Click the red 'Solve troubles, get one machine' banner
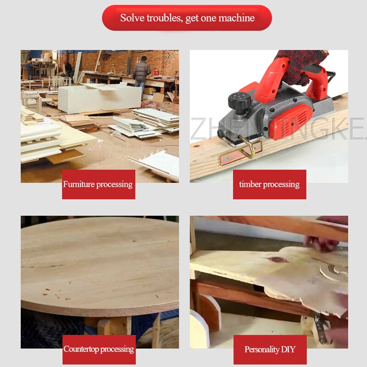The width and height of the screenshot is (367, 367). [187, 18]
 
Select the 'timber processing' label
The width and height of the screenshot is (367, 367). [269, 184]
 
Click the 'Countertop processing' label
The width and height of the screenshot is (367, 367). [99, 349]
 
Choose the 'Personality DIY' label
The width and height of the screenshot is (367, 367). [269, 350]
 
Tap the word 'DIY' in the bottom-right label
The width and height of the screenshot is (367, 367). [287, 350]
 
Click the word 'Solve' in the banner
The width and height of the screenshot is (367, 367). [132, 18]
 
